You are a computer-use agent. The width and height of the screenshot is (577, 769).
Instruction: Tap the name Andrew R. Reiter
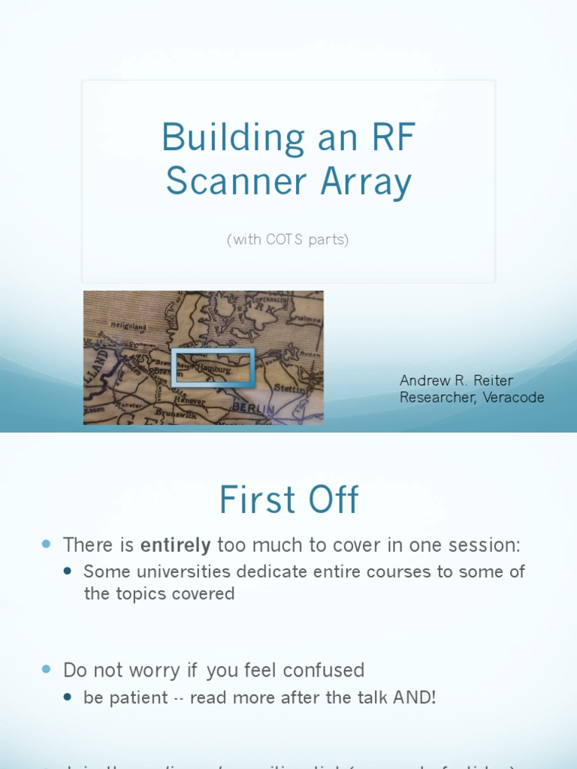click(456, 381)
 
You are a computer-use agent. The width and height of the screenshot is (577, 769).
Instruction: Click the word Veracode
click(510, 397)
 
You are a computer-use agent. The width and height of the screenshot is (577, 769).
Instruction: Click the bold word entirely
click(175, 544)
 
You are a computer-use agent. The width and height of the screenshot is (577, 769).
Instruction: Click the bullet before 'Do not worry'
click(47, 668)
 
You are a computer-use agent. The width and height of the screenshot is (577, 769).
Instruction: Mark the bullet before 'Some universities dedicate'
click(68, 571)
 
